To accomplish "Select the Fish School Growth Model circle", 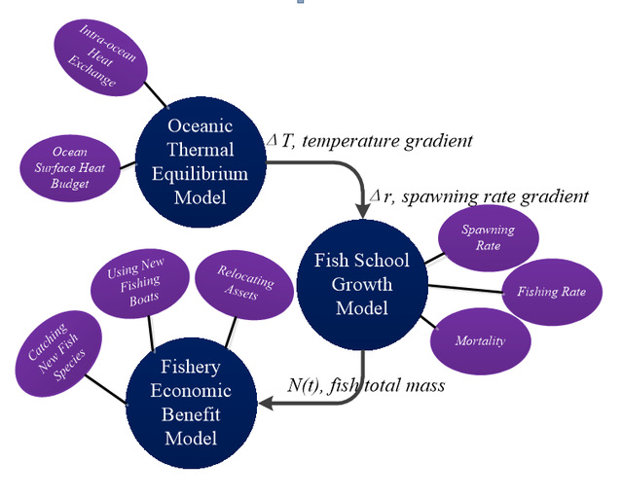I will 361,283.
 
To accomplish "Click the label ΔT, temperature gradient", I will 371,141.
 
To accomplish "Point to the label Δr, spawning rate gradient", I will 481,196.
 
